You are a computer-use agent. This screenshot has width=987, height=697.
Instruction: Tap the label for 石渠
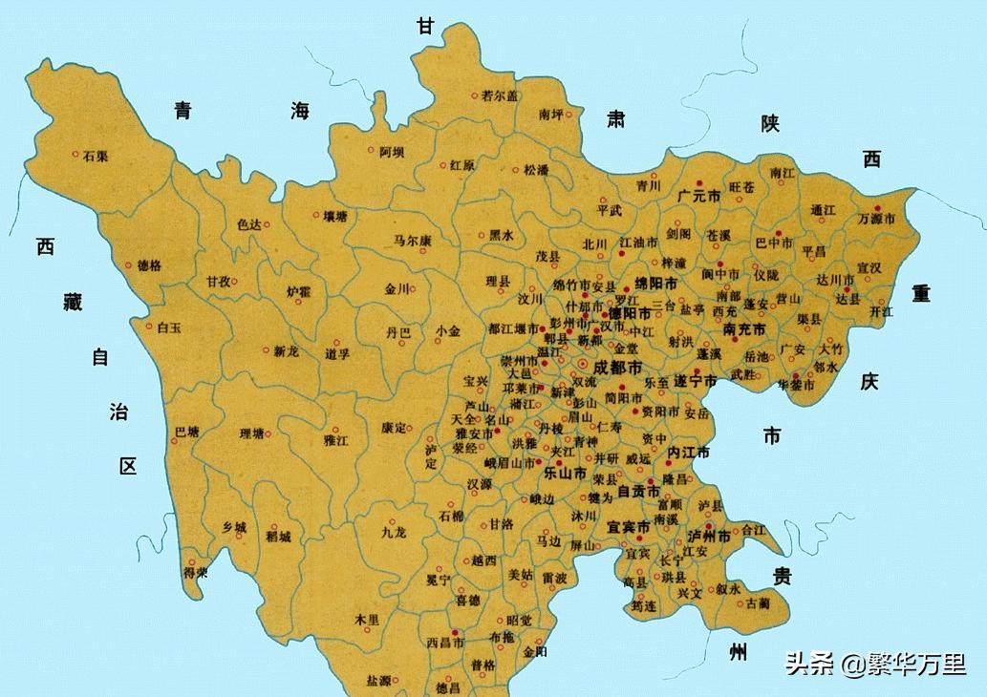pos(95,157)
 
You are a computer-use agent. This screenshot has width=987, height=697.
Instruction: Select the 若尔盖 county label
pos(500,95)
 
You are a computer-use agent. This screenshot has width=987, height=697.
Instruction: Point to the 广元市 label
pos(697,196)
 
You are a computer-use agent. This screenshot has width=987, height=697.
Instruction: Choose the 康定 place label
pos(394,428)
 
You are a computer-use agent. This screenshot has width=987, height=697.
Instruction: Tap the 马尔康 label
pos(413,241)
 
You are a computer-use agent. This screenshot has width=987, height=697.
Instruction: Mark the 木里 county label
pos(367,620)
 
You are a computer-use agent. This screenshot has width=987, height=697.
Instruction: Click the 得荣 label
pos(196,574)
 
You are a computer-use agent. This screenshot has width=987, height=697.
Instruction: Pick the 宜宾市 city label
pos(628,527)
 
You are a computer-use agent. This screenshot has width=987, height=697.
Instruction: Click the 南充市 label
pos(744,329)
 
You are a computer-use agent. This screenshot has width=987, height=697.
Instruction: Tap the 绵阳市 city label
pos(657,285)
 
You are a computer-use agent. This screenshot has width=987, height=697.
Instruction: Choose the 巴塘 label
pos(187,433)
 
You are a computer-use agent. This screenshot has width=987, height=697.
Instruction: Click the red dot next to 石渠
pos(75,153)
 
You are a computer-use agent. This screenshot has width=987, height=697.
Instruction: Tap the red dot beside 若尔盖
pos(475,95)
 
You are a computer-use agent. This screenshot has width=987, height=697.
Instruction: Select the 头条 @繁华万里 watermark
pos(875,663)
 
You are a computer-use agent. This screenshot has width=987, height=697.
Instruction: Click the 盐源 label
pos(378,681)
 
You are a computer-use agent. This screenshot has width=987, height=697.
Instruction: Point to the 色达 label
pos(248,225)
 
